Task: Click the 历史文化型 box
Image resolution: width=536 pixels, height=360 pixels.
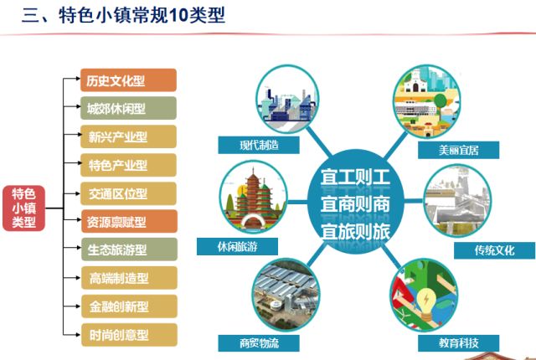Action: tap(128, 80)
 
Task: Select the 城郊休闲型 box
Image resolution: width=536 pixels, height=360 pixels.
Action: tap(128, 108)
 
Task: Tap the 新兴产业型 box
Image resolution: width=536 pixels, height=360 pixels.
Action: tap(128, 136)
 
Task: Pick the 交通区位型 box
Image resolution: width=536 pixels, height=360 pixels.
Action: tap(128, 193)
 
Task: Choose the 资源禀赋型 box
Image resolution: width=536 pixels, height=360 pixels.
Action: tap(129, 221)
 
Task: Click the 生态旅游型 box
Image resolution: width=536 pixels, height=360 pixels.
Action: tap(129, 249)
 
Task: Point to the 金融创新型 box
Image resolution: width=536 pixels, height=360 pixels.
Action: tap(129, 306)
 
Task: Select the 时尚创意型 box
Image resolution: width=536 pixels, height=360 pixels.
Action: tap(129, 335)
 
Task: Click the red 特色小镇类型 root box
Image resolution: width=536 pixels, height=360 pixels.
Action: tap(24, 208)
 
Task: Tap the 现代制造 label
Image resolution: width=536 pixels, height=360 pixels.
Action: tap(259, 145)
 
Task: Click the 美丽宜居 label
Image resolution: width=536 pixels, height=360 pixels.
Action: tap(458, 150)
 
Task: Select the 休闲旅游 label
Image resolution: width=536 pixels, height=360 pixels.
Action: tap(237, 247)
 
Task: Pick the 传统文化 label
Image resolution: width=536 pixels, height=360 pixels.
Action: tap(494, 250)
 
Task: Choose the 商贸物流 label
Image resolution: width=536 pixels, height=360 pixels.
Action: tap(259, 343)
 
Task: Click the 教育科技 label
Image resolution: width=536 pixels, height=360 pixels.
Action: tap(458, 343)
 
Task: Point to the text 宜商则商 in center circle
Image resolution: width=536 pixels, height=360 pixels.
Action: tap(355, 204)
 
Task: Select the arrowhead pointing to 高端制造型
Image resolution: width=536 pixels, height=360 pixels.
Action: tap(78, 278)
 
